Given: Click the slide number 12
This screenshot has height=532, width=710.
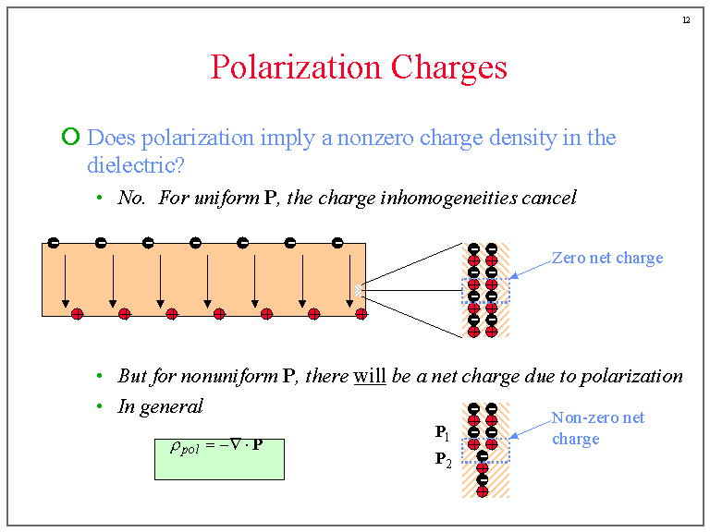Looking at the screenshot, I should [686, 20].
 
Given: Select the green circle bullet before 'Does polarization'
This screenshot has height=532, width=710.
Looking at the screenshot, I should [70, 138].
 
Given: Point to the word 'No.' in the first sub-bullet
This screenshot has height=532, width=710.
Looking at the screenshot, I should [132, 198].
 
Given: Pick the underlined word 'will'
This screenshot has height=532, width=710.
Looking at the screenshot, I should [370, 376].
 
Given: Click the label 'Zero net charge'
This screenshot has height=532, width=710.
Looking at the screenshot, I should [607, 258].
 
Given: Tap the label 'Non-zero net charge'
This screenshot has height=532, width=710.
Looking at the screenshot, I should [597, 428].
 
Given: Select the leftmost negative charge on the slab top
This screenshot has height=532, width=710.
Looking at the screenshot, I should [54, 243].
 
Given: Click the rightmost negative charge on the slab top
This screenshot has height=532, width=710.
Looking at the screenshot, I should [337, 243].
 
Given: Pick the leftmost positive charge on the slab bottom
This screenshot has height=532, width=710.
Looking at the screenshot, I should [78, 314].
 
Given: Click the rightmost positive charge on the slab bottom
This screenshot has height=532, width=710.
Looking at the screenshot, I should [361, 314].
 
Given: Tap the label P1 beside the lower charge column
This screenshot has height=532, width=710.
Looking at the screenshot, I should [443, 431].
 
